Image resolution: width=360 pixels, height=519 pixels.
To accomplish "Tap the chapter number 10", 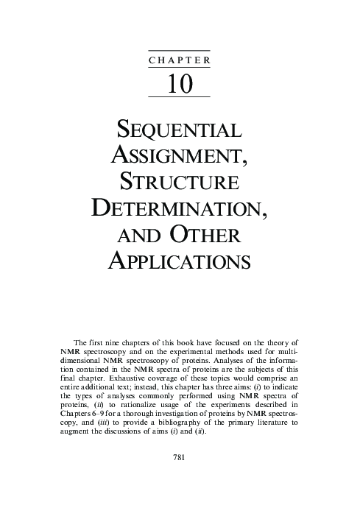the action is point(180,84).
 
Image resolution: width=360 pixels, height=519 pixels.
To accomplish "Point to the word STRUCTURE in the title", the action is point(180,182).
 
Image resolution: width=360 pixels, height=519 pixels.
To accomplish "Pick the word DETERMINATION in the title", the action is point(180,208).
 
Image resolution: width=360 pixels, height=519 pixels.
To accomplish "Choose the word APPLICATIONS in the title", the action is point(180,259).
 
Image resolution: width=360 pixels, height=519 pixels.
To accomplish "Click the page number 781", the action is point(180,457).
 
